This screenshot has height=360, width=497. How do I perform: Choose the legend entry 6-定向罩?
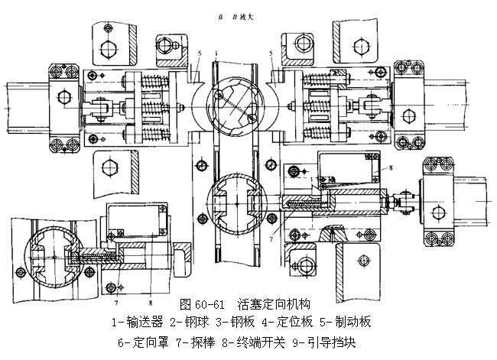tap(146, 342)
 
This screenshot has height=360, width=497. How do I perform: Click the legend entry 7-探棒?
tap(198, 342)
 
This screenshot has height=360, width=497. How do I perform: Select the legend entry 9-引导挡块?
tap(325, 342)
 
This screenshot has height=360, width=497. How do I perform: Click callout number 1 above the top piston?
tap(217, 54)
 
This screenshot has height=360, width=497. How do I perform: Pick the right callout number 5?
tap(271, 54)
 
